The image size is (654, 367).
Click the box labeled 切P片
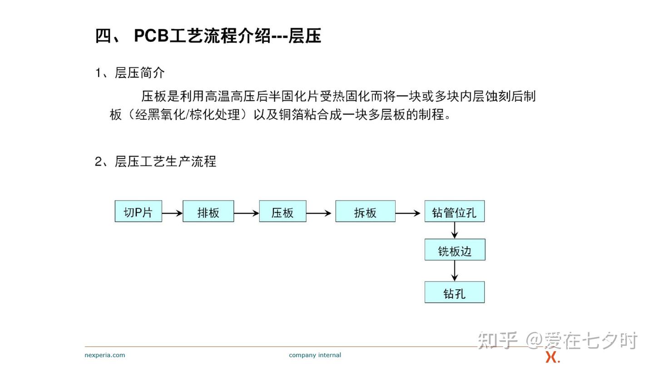click(x=139, y=211)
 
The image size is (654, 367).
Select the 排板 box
click(x=208, y=211)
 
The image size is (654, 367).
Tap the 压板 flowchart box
click(x=282, y=211)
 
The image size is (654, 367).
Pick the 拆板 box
click(x=365, y=211)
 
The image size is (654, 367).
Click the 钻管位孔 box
click(x=454, y=211)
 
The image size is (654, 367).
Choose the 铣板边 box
click(x=455, y=250)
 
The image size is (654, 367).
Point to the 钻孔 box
click(x=454, y=292)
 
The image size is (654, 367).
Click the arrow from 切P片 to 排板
click(x=172, y=213)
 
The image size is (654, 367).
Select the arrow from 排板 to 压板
click(x=247, y=213)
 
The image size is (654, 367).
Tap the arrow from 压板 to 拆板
click(x=319, y=213)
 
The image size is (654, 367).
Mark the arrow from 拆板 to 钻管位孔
click(x=408, y=213)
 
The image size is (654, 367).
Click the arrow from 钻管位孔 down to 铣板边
click(x=454, y=231)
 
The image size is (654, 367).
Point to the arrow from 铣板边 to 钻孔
click(x=454, y=271)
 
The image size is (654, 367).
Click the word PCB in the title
click(x=152, y=36)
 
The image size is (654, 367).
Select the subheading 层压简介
click(x=139, y=73)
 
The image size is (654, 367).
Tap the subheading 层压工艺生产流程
click(x=165, y=161)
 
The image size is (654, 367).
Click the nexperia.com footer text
click(x=104, y=355)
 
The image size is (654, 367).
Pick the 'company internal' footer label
click(x=315, y=355)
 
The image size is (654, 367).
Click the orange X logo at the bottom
click(x=552, y=357)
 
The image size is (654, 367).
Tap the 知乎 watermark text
click(x=497, y=340)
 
